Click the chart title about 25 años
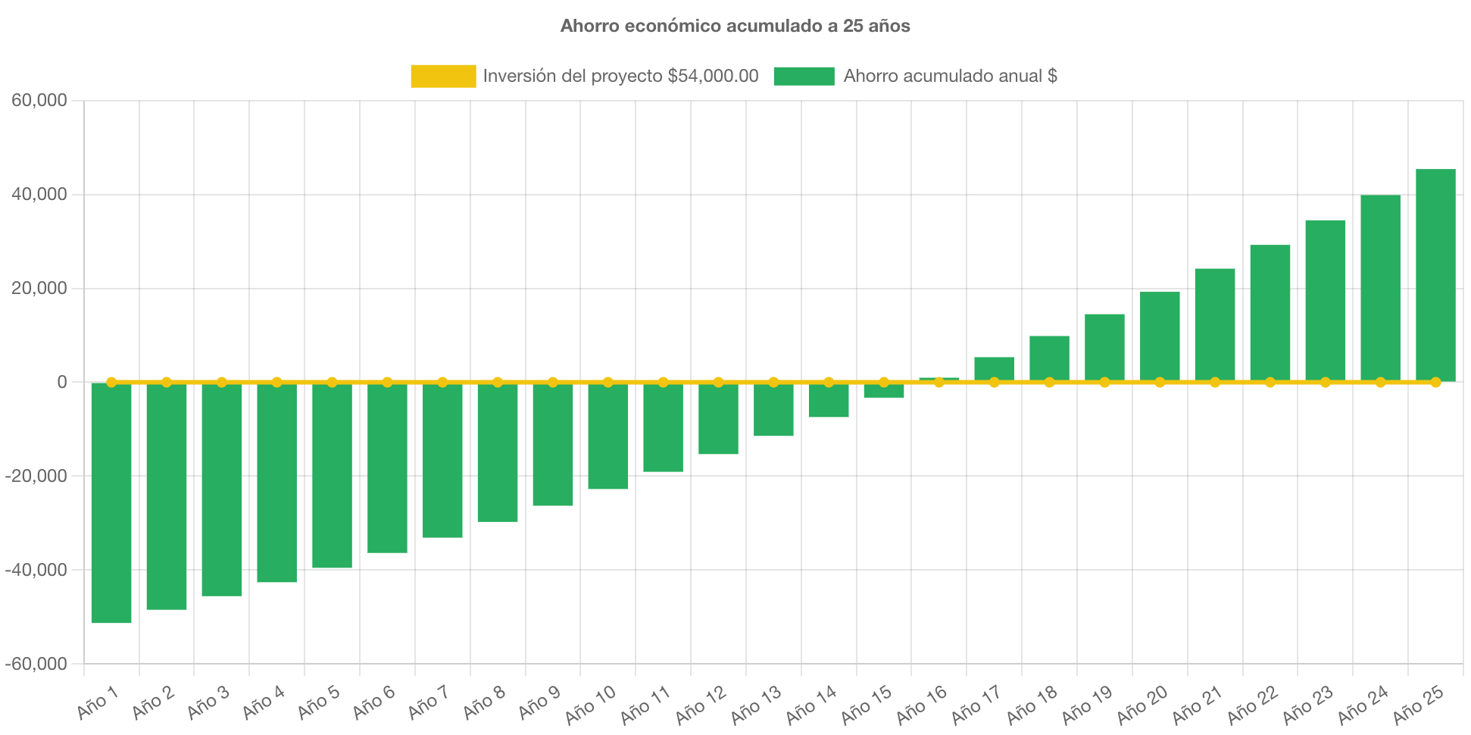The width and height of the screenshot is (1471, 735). pos(735,26)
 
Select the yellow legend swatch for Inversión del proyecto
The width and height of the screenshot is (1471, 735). pos(443,76)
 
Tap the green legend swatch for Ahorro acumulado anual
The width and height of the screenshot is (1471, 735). pos(804,76)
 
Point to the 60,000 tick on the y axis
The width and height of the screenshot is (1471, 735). pos(39,100)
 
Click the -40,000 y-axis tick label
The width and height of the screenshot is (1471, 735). pos(36,570)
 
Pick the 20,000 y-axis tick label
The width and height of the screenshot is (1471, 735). pos(39,288)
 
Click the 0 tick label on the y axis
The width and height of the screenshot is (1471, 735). pos(62,382)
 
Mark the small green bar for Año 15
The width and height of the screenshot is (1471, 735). pos(884,391)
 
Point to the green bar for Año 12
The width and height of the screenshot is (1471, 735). pos(718,419)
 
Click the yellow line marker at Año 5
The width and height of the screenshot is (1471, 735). pos(332,382)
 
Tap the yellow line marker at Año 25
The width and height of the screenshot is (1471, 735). pos(1435,382)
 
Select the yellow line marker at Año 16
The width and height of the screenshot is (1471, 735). pos(939,382)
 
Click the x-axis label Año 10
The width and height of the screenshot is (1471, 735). pos(591,705)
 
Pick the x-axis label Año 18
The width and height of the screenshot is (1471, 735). pos(1032,705)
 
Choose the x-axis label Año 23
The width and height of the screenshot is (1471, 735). pos(1308,705)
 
